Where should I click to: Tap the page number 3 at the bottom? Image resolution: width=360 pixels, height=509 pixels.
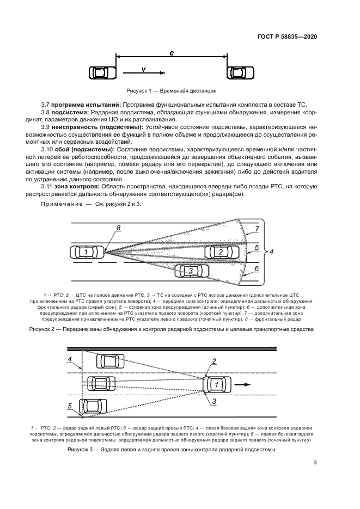pyautogui.click(x=315, y=463)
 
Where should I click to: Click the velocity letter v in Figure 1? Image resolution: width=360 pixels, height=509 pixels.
pyautogui.click(x=143, y=69)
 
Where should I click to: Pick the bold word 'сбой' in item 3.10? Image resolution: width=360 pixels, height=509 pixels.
pyautogui.click(x=64, y=149)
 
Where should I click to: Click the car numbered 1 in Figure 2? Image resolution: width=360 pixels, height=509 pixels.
pyautogui.click(x=86, y=252)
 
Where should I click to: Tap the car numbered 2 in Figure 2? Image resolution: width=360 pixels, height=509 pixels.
pyautogui.click(x=221, y=252)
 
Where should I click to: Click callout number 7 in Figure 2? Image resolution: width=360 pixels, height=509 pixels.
pyautogui.click(x=257, y=229)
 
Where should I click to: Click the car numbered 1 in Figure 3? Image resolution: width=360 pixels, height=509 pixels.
pyautogui.click(x=217, y=384)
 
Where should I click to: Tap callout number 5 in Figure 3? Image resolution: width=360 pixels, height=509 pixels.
pyautogui.click(x=70, y=406)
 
